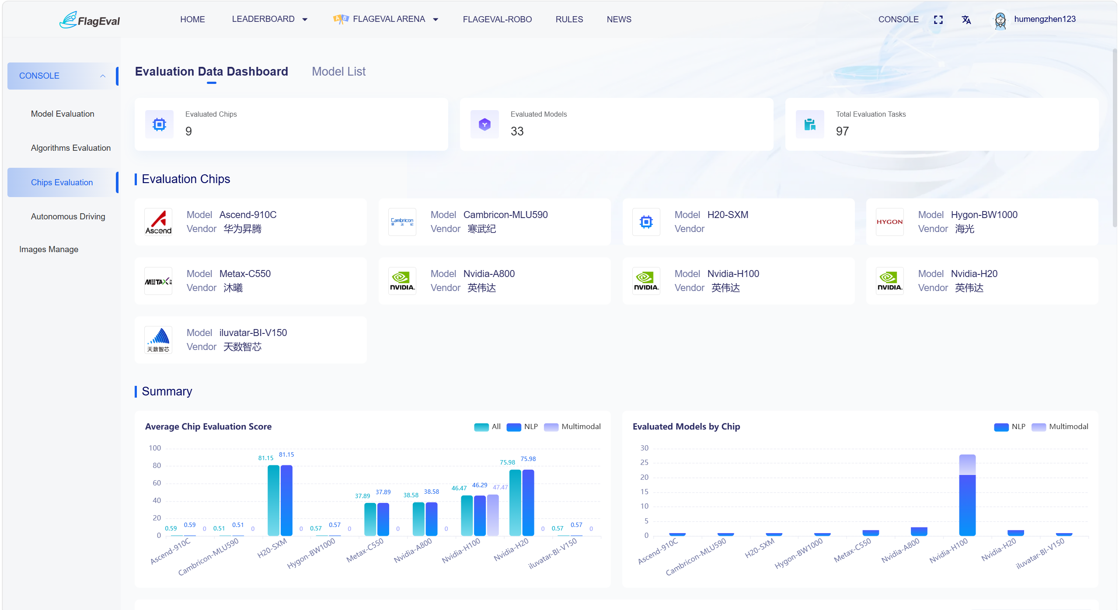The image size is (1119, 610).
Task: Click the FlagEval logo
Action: [90, 20]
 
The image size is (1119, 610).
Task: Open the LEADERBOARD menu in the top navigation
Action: [269, 19]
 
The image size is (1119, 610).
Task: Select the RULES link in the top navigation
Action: [569, 19]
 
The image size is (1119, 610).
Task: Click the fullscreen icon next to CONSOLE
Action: [938, 20]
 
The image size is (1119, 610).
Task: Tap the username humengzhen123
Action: [1045, 19]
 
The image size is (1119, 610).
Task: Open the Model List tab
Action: [338, 71]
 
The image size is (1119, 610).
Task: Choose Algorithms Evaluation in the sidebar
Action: [71, 148]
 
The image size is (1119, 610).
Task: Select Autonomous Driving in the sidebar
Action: [68, 217]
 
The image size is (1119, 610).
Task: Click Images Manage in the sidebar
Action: [49, 250]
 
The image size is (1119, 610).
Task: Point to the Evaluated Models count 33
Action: [517, 131]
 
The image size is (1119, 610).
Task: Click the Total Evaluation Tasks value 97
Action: [842, 131]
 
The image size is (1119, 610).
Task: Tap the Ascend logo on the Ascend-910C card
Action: [158, 222]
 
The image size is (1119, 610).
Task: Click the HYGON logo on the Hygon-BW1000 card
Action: [889, 222]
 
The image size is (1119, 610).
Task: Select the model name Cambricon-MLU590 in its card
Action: [505, 215]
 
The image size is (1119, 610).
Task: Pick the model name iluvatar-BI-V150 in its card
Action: [253, 333]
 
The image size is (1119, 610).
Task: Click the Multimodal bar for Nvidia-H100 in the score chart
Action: [493, 515]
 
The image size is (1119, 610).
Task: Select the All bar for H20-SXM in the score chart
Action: [273, 500]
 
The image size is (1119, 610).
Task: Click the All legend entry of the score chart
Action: [487, 427]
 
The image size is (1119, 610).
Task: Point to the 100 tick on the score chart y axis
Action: [155, 448]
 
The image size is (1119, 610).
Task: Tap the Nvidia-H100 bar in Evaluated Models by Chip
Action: [967, 495]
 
